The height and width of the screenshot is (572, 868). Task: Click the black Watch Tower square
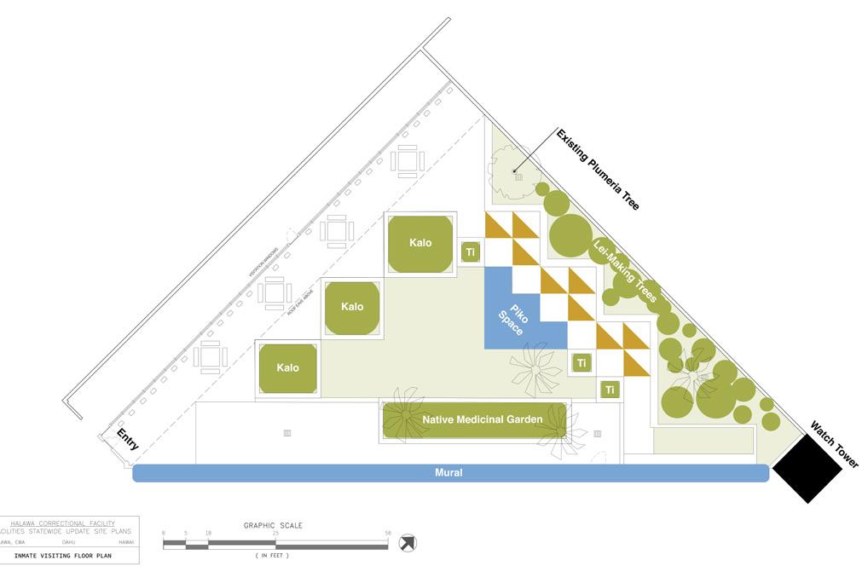807,468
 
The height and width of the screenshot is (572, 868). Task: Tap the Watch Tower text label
834,444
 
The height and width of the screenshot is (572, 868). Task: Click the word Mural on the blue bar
448,473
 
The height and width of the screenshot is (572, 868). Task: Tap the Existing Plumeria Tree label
597,170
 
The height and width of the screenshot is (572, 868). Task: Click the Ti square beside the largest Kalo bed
471,251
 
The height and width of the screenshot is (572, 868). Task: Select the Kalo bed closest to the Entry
288,368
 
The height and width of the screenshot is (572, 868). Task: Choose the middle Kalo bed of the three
352,307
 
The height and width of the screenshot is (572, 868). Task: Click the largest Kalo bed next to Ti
420,244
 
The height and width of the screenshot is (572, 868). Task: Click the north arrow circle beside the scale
408,542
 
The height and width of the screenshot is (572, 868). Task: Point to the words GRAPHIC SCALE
273,525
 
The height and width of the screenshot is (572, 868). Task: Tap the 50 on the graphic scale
388,534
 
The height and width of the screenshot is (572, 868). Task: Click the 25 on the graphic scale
275,534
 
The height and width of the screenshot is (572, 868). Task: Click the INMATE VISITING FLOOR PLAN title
64,556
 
